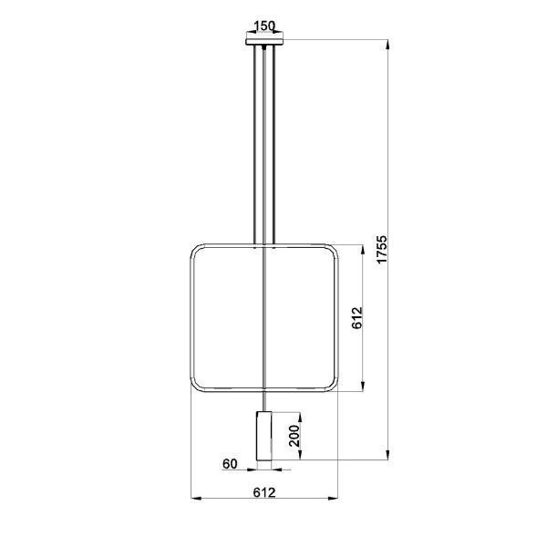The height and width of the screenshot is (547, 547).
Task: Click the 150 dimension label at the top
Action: click(264, 26)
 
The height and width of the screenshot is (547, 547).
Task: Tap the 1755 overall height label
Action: click(382, 249)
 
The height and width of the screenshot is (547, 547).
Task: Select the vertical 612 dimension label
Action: click(357, 318)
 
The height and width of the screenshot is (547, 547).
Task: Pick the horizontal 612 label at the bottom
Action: click(264, 492)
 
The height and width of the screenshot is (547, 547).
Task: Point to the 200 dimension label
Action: click(294, 436)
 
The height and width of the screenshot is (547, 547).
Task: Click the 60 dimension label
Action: click(230, 464)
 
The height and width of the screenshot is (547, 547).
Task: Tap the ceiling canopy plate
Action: click(264, 42)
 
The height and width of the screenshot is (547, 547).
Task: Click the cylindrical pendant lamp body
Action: click(264, 436)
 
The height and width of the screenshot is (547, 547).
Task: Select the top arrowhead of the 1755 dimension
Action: click(387, 46)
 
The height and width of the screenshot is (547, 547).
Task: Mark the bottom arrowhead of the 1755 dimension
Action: click(387, 454)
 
